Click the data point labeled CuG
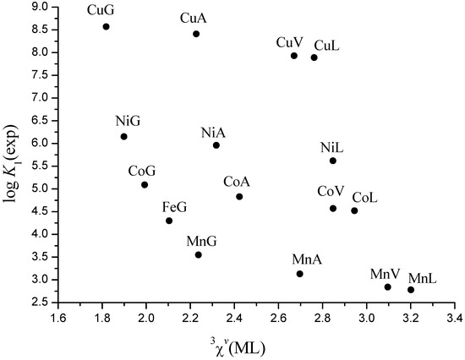coord(106,26)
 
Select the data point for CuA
coord(196,34)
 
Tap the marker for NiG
coord(123,136)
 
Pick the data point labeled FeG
coord(169,221)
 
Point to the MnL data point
coord(411,290)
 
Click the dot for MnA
coord(300,274)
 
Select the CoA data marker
coord(239,197)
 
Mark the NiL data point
coord(333,161)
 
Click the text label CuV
coord(290,42)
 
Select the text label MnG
coord(201,242)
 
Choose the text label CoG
coord(142,171)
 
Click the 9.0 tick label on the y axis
coord(37,7)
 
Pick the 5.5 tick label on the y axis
coord(37,166)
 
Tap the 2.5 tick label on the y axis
coord(37,302)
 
